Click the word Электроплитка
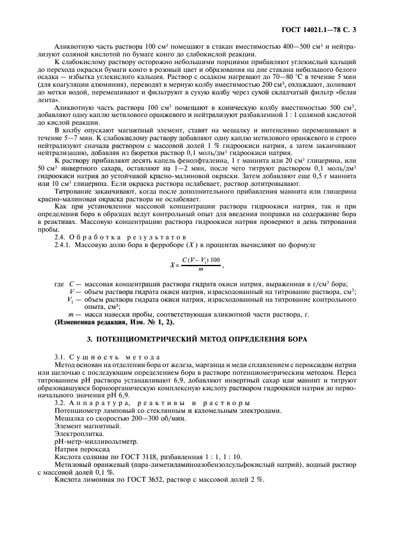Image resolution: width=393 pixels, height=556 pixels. click(x=76, y=435)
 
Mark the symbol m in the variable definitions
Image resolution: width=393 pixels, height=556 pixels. click(x=71, y=313)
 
